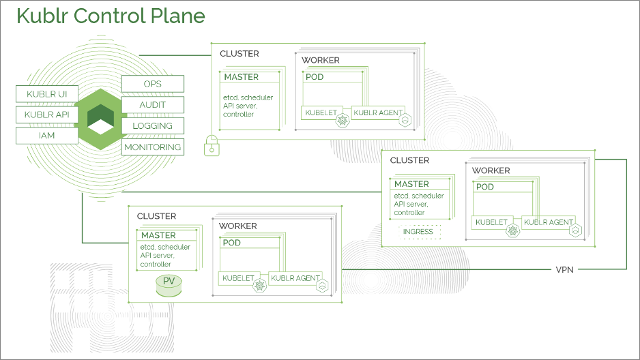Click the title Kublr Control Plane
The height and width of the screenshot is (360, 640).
click(111, 16)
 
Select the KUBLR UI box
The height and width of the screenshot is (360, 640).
click(46, 93)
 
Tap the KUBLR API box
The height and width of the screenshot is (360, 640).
click(46, 115)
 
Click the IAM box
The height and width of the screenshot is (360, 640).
click(46, 136)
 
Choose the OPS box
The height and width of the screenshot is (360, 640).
click(152, 84)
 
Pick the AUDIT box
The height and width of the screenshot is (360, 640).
click(152, 105)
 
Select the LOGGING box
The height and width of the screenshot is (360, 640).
click(152, 126)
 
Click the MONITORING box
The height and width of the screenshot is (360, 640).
click(152, 147)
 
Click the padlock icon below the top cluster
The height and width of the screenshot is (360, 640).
click(212, 145)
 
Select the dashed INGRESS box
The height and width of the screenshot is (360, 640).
click(418, 232)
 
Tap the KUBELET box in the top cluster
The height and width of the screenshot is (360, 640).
click(319, 112)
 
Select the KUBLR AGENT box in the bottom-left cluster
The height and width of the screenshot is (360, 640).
click(295, 278)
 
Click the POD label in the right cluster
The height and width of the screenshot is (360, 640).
click(485, 187)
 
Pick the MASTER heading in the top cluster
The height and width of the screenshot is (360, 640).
click(241, 77)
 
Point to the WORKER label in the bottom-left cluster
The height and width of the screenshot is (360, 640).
click(238, 226)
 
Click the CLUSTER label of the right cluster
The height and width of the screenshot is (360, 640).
click(409, 160)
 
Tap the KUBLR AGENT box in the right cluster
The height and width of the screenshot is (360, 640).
click(548, 222)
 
